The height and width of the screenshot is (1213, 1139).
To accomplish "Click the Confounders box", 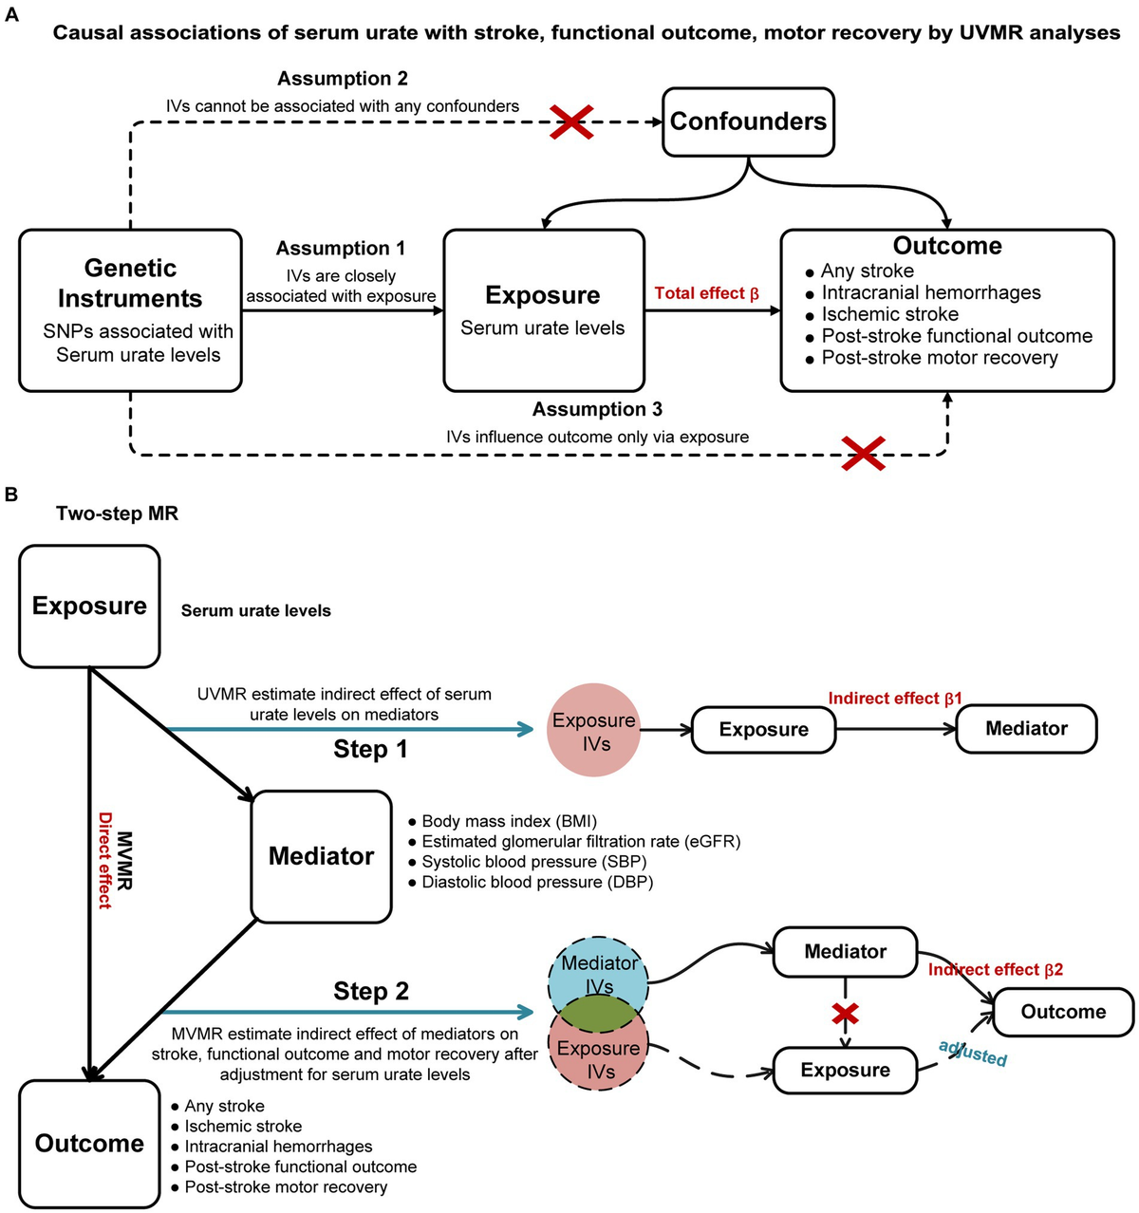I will point(748,121).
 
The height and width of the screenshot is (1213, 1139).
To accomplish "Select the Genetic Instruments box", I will point(130,310).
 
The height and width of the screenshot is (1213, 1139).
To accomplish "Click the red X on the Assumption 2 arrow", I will point(572,122).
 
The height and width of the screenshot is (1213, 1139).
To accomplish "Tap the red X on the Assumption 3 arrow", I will point(864,454).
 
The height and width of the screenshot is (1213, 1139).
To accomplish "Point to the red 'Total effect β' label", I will point(706,293).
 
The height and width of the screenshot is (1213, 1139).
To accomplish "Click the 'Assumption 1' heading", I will point(341,248).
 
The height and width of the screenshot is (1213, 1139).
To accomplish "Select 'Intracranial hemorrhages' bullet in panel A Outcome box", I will point(930,292).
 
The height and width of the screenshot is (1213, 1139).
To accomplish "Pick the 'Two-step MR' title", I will point(117,513).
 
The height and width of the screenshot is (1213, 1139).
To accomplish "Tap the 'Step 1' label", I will point(370,749).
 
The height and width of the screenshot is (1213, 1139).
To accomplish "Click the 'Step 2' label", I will point(370,991).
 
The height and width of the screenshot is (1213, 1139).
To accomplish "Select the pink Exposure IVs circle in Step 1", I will point(594,730).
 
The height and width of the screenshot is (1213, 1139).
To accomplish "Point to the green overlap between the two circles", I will point(599,1014).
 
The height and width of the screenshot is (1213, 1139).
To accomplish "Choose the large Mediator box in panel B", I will point(321,856).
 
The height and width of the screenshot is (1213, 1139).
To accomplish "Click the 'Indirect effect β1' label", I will point(894,699).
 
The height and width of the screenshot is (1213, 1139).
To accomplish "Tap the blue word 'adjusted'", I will point(972,1053).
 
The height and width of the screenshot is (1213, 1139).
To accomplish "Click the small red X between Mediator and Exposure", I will point(845,1014).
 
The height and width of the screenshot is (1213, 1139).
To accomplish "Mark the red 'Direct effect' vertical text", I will point(104,860).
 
